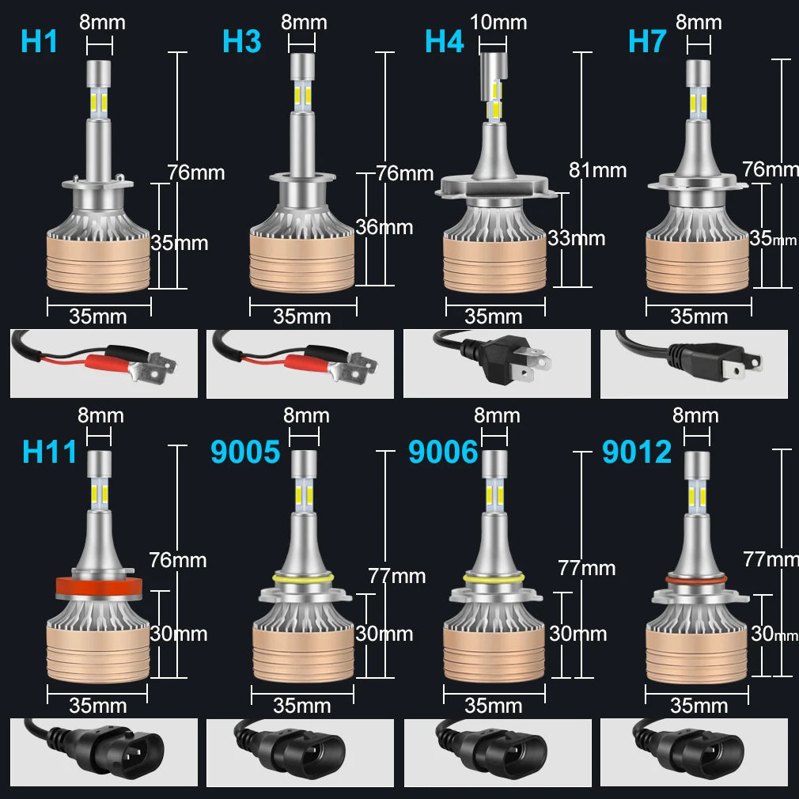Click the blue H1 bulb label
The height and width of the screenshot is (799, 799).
[x=39, y=41]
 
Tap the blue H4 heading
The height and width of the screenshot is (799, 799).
[x=445, y=41]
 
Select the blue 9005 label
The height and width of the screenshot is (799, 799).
[x=245, y=452]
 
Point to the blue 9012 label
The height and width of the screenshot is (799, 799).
[x=637, y=452]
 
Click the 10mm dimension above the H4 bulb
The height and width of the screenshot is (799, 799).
[x=498, y=22]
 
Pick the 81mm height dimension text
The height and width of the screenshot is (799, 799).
[x=598, y=170]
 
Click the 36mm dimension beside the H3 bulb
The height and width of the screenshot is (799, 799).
[x=384, y=227]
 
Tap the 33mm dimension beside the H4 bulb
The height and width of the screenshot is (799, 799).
[x=577, y=238]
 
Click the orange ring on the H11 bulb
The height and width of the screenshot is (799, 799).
[x=99, y=586]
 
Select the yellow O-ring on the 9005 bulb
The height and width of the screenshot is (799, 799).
[x=303, y=578]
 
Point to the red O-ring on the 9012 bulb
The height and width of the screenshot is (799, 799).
[x=696, y=579]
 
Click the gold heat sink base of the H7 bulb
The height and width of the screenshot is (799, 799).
[x=698, y=265]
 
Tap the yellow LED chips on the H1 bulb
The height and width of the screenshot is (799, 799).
[x=99, y=102]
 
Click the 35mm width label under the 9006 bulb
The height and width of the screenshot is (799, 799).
[x=494, y=706]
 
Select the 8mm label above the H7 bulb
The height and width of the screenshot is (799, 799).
[x=699, y=22]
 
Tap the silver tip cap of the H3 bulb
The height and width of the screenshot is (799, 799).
[x=302, y=67]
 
